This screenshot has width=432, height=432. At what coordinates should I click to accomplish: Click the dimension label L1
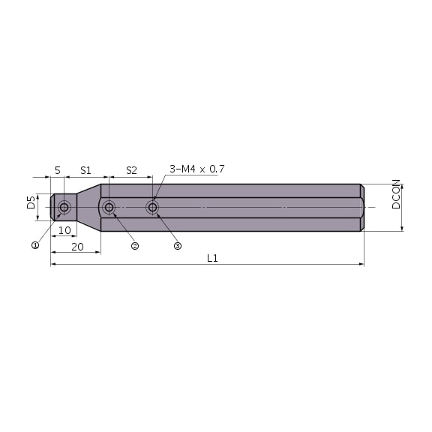tap(212, 258)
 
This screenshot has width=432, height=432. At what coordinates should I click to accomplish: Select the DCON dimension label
tap(396, 194)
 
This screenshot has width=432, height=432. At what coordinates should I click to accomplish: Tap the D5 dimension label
tap(31, 202)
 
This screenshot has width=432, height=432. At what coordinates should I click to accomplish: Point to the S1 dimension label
tap(85, 170)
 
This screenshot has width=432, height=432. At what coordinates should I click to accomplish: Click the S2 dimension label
tap(131, 170)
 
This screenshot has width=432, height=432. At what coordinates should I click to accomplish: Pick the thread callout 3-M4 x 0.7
tap(196, 169)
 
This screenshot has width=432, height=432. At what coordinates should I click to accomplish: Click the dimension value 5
tap(57, 170)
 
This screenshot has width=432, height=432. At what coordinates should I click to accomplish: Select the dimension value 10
tap(64, 230)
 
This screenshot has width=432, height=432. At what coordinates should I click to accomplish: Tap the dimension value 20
tap(76, 246)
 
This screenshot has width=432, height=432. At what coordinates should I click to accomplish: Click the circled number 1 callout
tap(34, 245)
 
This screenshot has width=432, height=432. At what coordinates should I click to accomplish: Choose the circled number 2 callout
tap(135, 246)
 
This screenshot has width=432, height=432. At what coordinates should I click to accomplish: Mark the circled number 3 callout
tap(178, 246)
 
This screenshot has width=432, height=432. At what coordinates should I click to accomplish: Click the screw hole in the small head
tap(64, 207)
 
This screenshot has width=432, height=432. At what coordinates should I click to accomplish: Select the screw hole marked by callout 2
tap(109, 207)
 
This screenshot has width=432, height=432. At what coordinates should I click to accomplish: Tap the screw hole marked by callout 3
tap(153, 207)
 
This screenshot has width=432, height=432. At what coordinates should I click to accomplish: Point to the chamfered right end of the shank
tap(361, 207)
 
